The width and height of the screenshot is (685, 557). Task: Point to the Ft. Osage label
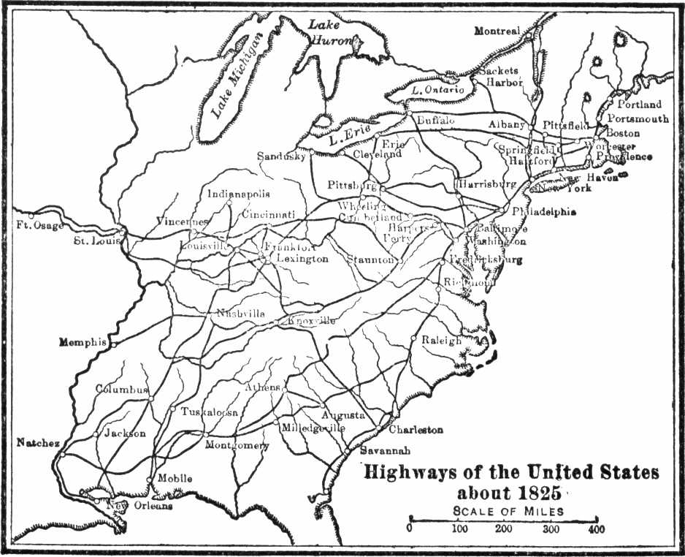point(41,225)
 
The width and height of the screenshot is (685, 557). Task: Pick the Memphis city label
point(83,342)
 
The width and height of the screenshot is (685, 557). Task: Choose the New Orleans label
point(139,505)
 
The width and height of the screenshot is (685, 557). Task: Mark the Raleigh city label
point(441,341)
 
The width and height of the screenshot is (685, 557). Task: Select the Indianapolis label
point(239,194)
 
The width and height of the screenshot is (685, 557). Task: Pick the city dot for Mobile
point(149,480)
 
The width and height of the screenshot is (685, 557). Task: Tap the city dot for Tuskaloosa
point(172,408)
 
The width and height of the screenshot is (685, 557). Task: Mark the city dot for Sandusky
point(311,152)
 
